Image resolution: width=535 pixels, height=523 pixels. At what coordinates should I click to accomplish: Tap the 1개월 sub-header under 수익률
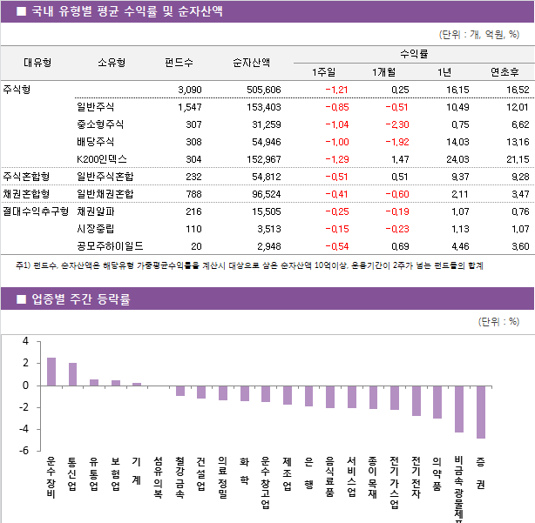coord(383,71)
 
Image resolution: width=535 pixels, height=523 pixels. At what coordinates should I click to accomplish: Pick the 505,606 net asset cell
coord(264,90)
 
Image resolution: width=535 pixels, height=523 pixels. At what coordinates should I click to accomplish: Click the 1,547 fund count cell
coord(189,107)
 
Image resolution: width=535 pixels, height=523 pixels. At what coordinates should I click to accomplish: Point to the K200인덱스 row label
coord(102,159)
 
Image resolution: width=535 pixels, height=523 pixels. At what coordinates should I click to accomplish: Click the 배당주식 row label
coord(96,142)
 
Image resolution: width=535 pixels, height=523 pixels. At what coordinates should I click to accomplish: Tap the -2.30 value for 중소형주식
coord(396,124)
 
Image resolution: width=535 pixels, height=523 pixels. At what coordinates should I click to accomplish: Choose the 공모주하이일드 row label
coord(110,246)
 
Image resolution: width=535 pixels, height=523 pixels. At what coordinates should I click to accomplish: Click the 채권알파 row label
coord(96,211)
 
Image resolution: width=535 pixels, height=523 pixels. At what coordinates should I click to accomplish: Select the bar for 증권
coord(480,412)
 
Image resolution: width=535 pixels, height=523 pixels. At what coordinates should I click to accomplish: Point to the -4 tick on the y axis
coord(25,429)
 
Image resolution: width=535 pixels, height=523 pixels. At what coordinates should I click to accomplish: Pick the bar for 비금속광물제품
coord(459,408)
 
